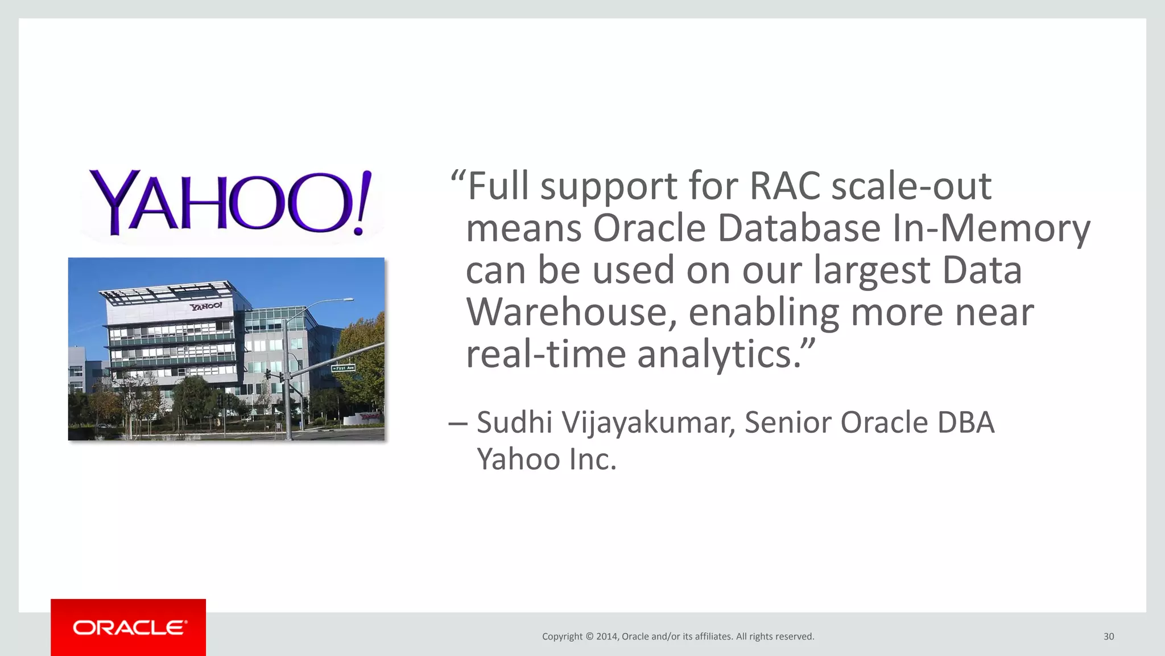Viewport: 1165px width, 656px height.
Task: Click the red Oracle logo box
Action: pyautogui.click(x=128, y=627)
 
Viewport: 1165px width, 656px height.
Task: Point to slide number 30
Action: pyautogui.click(x=1109, y=637)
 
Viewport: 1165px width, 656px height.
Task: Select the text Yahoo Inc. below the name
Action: pyautogui.click(x=547, y=460)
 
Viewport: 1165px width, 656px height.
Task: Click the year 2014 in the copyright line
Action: pyautogui.click(x=606, y=637)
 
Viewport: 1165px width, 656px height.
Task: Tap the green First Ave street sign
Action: pyautogui.click(x=343, y=368)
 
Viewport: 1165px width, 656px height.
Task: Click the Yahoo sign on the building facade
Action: pyautogui.click(x=206, y=306)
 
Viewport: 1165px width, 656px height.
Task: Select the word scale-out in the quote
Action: pyautogui.click(x=911, y=186)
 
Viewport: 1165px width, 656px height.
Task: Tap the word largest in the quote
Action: pyautogui.click(x=871, y=270)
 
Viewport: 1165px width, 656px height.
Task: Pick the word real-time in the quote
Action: pyautogui.click(x=546, y=355)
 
